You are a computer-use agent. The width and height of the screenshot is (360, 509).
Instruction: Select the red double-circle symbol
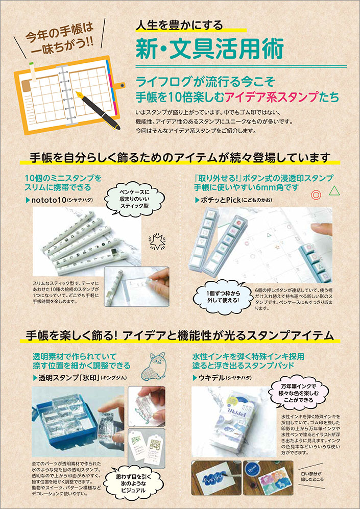[x=316, y=194]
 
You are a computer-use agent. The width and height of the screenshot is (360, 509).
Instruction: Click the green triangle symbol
[x=335, y=191]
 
